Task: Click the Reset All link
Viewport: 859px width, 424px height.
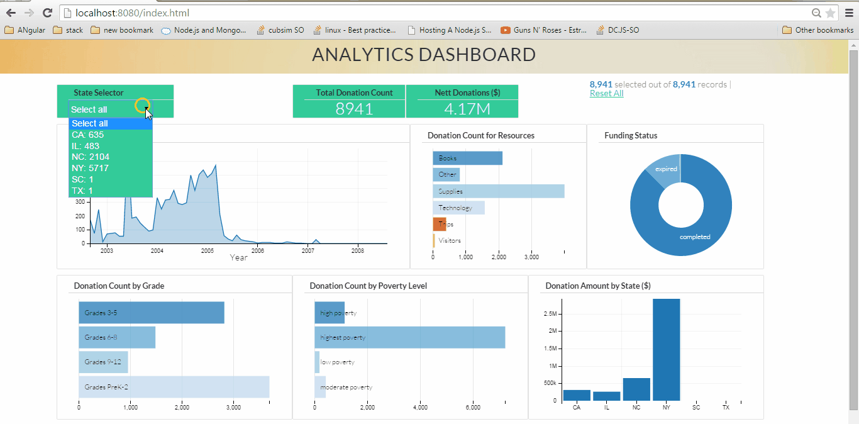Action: coord(606,94)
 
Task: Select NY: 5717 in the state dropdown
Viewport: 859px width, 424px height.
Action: coord(90,169)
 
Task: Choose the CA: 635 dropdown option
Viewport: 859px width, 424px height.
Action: coord(87,135)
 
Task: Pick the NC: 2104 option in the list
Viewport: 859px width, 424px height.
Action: coord(90,157)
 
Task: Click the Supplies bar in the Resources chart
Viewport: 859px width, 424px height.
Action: coord(498,191)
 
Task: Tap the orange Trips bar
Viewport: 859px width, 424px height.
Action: coord(440,224)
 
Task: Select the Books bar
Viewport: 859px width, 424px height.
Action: coord(467,159)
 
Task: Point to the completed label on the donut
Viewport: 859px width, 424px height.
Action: coord(695,237)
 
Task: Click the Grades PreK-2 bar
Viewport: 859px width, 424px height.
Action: coord(174,387)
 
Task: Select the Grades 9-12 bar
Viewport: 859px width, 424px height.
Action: coord(103,362)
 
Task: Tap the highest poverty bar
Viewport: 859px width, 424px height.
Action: coord(409,338)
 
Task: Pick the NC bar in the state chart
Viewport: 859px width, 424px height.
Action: coord(636,389)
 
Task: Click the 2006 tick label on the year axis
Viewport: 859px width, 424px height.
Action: coord(258,250)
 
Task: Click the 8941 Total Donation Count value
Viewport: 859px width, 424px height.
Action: coord(354,109)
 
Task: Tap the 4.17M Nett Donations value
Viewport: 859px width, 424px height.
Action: coord(467,109)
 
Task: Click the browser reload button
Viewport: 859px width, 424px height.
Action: coord(47,13)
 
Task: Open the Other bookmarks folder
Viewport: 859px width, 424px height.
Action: coord(817,30)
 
